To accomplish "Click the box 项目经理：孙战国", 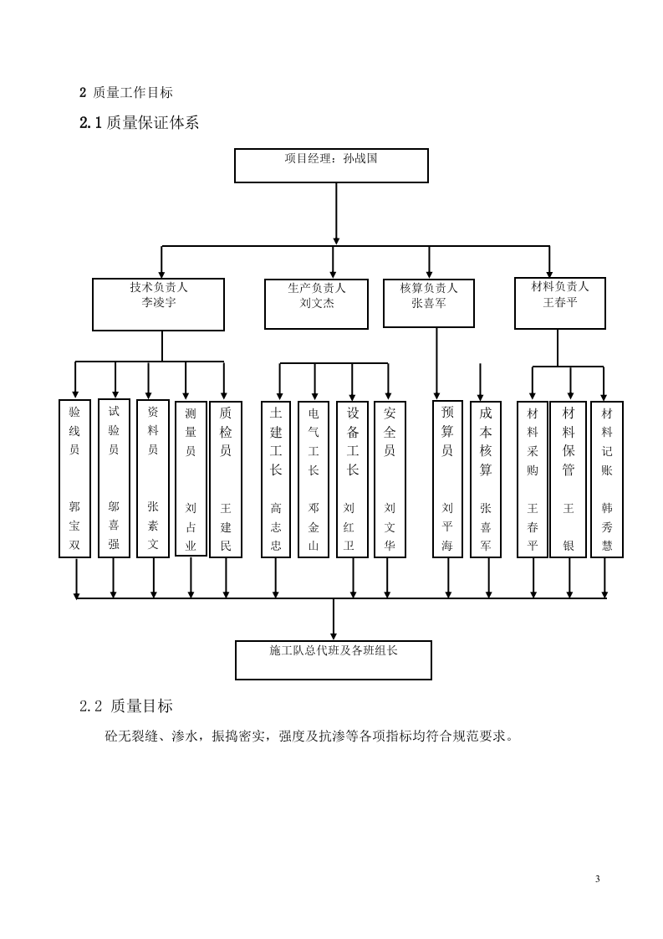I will (331, 165).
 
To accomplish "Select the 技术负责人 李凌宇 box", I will (159, 304).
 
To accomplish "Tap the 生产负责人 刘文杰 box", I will (317, 304).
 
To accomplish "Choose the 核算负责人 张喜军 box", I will (429, 303).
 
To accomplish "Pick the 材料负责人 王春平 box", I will (560, 303).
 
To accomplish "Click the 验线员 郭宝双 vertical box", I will (74, 479).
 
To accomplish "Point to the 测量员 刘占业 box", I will (191, 479).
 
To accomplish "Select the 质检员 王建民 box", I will (226, 479).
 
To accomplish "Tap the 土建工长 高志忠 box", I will (276, 480).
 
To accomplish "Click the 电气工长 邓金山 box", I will (314, 480).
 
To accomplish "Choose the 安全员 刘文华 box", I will (390, 480).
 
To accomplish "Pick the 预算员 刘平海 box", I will (447, 480).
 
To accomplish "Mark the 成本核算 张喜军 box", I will (486, 480).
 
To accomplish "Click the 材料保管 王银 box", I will (569, 480).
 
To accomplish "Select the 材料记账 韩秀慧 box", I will (607, 480).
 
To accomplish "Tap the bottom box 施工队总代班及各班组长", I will (334, 659).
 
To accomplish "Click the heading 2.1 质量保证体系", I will (139, 123).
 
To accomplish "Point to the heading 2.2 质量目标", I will (126, 706).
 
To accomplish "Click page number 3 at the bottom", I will (598, 879).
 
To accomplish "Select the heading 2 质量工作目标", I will (125, 93).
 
